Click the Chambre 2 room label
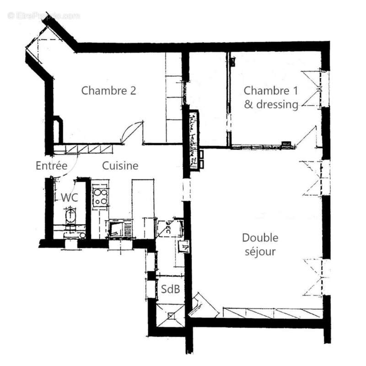pyautogui.click(x=108, y=91)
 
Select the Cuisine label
pyautogui.click(x=120, y=166)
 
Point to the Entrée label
pyautogui.click(x=52, y=166)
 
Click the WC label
pyautogui.click(x=69, y=198)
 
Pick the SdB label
pyautogui.click(x=170, y=289)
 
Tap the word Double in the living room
pyautogui.click(x=260, y=238)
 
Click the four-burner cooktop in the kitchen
pyautogui.click(x=99, y=196)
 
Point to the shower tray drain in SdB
pyautogui.click(x=171, y=315)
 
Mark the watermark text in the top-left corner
pyautogui.click(x=43, y=16)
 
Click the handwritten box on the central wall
pyautogui.click(x=193, y=140)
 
